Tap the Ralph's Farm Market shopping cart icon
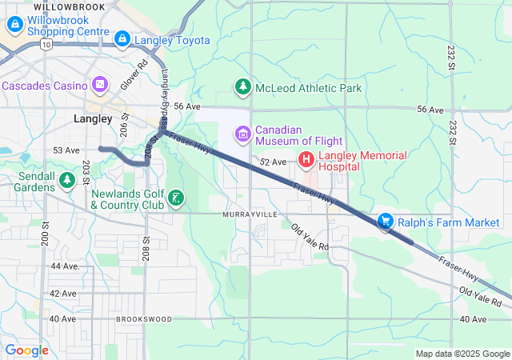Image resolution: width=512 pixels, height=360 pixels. click(x=386, y=221)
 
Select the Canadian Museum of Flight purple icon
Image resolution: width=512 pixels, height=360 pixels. click(x=242, y=130)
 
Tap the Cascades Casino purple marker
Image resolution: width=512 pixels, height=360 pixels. click(x=100, y=83)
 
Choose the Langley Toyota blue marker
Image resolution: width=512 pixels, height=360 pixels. click(x=122, y=38)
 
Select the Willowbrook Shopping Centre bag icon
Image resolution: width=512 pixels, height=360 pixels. click(x=14, y=25)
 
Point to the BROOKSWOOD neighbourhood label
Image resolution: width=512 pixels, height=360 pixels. click(x=144, y=319)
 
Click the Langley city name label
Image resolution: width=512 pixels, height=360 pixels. click(x=92, y=118)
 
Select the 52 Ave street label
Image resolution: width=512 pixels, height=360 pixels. click(x=274, y=162)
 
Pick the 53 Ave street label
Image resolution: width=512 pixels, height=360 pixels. click(x=66, y=150)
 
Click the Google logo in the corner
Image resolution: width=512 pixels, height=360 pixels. click(x=26, y=350)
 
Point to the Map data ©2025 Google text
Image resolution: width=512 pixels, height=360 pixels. click(x=462, y=354)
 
